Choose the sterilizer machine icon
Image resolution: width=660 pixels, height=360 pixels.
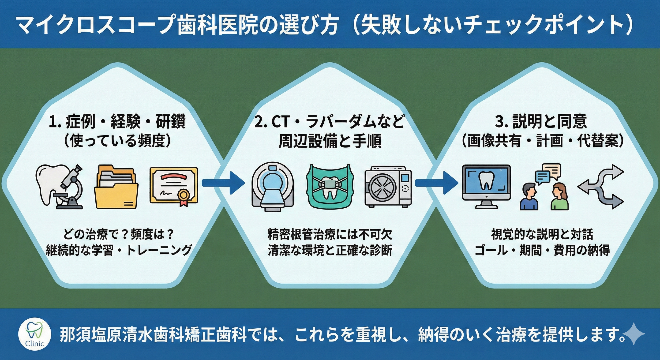click(388, 187)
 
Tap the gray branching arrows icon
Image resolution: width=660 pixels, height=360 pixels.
click(600, 187)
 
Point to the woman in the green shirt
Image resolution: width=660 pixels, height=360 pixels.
click(559, 197)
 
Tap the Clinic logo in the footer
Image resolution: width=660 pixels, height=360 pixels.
click(35, 334)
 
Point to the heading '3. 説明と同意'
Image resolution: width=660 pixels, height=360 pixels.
click(541, 122)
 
